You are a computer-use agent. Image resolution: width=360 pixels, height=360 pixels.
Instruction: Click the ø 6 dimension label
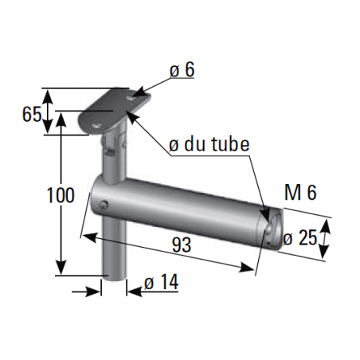click(x=181, y=70)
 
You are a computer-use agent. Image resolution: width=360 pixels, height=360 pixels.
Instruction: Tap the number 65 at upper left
click(x=31, y=114)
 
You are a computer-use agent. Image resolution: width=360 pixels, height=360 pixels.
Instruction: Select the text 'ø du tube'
click(x=209, y=145)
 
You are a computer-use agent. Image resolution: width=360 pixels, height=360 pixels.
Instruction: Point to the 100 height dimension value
click(x=61, y=194)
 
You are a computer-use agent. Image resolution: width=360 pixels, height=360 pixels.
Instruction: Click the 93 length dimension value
click(x=182, y=246)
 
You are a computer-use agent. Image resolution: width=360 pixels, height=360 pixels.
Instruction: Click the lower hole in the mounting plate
click(x=96, y=125)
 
